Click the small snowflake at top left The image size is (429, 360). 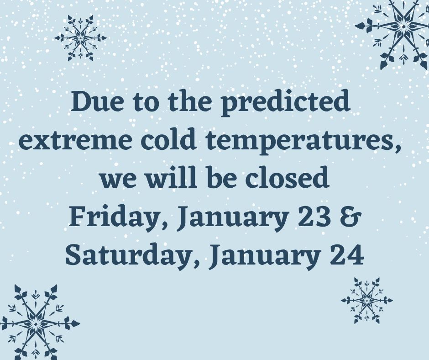80,38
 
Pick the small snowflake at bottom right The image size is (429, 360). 366,301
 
